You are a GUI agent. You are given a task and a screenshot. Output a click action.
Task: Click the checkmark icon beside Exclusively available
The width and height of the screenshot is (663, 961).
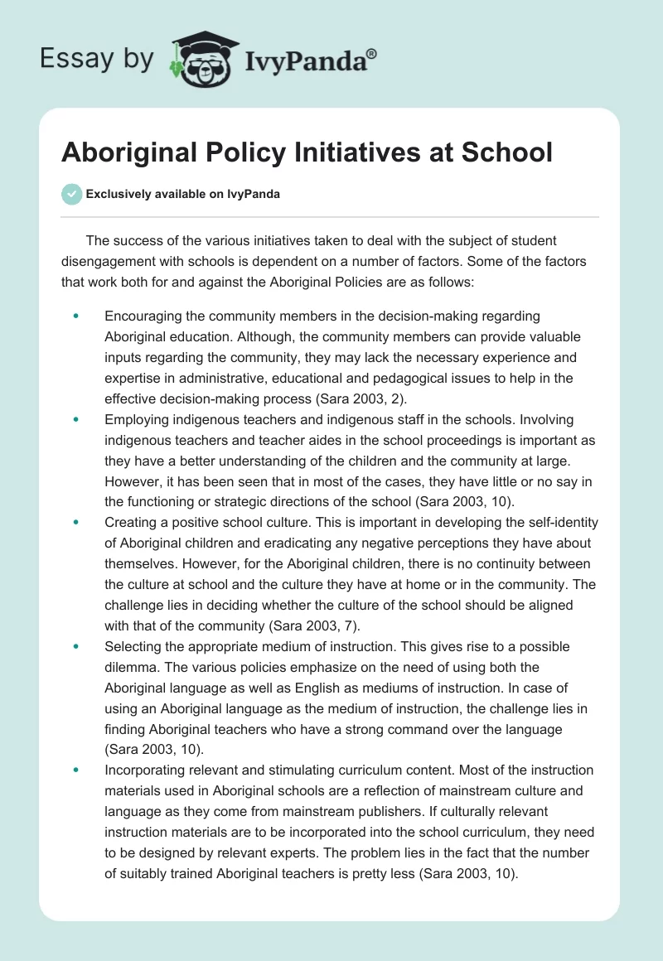[71, 194]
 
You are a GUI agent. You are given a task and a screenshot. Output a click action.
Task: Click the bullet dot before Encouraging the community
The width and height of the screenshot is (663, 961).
[76, 316]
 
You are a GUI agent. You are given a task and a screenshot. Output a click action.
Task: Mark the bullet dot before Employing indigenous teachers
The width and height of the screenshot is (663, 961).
[76, 420]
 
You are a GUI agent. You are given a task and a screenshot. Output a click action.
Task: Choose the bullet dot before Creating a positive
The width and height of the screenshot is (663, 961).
[76, 523]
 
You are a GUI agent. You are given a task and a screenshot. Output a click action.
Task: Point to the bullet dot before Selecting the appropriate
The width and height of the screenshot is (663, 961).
[76, 645]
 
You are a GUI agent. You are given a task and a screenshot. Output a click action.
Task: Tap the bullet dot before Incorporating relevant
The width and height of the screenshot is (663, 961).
[76, 770]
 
